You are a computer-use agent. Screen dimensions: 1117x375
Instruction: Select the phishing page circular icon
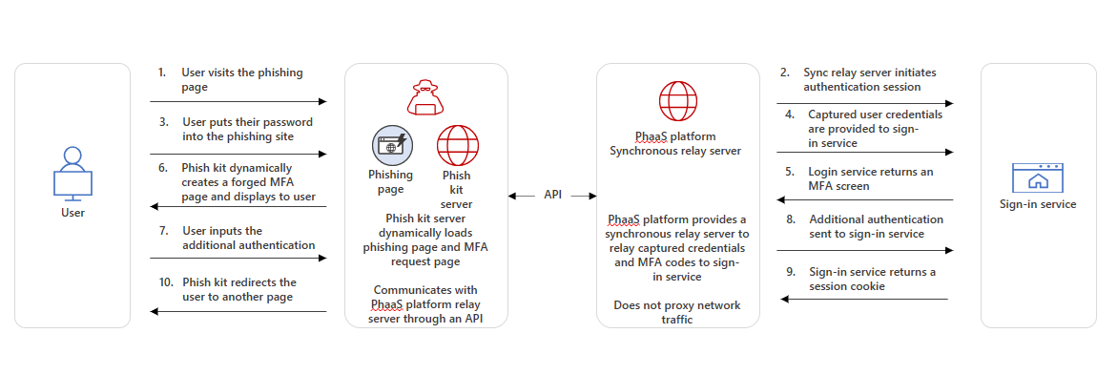coord(390,145)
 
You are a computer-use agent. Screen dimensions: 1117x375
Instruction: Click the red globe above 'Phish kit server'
coord(457,145)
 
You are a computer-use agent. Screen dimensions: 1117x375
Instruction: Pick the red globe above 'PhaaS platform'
coord(677,100)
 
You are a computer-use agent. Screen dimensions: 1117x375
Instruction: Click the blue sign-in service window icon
coord(1038,177)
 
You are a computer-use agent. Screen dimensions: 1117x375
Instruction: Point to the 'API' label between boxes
coord(552,195)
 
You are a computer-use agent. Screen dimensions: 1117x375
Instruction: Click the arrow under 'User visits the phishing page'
coord(238,101)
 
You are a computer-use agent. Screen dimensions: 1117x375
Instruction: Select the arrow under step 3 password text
coord(238,154)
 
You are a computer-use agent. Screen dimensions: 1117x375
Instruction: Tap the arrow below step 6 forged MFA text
coord(238,207)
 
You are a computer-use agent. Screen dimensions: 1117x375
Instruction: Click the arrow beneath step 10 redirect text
coord(238,311)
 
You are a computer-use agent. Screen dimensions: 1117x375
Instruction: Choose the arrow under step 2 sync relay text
coord(865,103)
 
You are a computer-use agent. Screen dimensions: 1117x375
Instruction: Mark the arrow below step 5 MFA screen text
coord(865,199)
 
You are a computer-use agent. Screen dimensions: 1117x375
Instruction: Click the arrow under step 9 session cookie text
coord(865,300)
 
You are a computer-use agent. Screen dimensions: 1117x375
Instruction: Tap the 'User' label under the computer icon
coord(72,212)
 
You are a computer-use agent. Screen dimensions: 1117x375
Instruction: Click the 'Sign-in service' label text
coord(1038,204)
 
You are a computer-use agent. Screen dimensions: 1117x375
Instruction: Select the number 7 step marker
coord(163,231)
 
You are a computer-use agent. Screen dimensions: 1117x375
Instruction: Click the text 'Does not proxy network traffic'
coord(677,312)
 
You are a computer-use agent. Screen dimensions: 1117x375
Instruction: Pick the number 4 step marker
coord(789,115)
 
